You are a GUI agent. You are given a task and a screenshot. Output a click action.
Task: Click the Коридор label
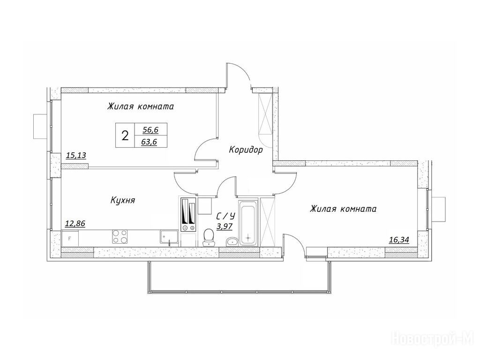click(x=246, y=150)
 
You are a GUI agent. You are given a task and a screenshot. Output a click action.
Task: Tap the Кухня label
click(x=123, y=201)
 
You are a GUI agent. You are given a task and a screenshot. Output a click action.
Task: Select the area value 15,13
click(x=76, y=156)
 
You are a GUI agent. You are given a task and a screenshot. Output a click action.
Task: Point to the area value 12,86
click(x=75, y=224)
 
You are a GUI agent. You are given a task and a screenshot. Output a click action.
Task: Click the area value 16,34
click(x=399, y=240)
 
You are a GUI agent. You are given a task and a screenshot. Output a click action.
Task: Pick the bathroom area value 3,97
click(x=225, y=226)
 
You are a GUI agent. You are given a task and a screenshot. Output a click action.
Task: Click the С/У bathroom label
click(x=225, y=217)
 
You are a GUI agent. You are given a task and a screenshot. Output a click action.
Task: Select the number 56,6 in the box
click(x=150, y=130)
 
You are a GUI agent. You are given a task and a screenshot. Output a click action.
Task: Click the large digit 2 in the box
click(x=125, y=135)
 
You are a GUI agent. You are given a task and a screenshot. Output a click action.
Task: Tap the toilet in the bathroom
click(x=209, y=238)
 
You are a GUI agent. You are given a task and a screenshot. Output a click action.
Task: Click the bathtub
click(x=248, y=223)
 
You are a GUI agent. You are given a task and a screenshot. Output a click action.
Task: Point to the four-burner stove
click(x=120, y=237)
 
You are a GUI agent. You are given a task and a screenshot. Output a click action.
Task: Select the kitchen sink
click(x=169, y=238)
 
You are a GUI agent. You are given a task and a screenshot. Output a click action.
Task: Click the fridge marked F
click(x=70, y=239)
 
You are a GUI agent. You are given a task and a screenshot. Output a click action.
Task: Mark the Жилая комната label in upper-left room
click(x=141, y=106)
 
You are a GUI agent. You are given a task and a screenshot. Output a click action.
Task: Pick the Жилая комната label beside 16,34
click(x=343, y=209)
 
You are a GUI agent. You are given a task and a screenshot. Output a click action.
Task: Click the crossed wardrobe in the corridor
click(x=265, y=114)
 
